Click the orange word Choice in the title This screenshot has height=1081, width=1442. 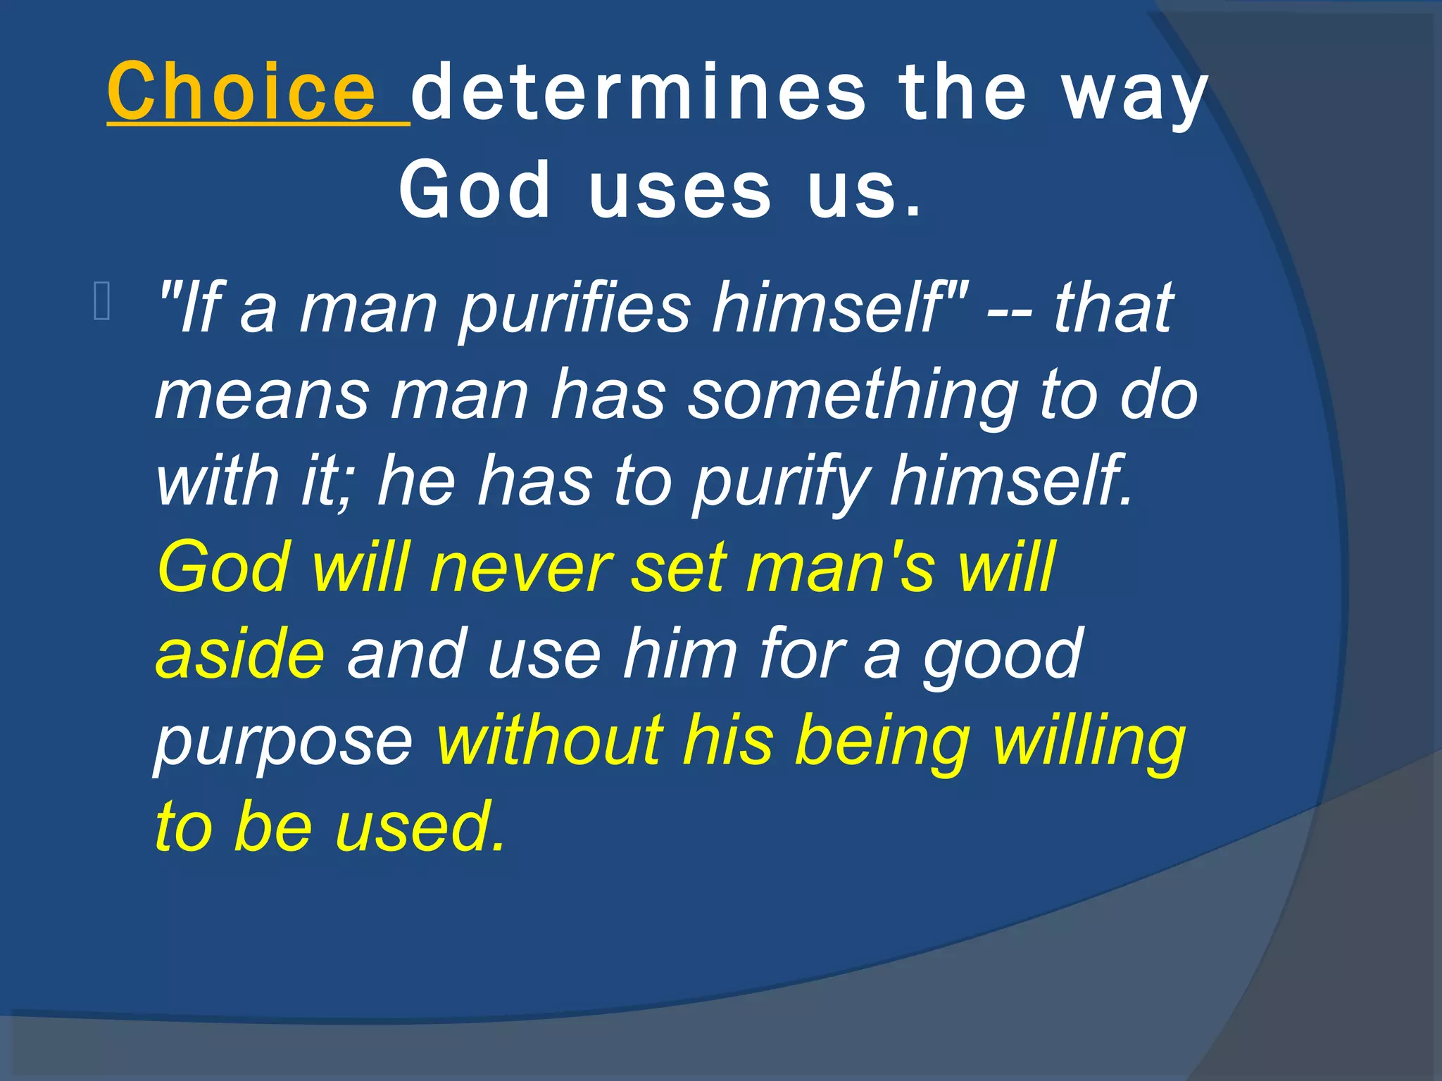coord(242,91)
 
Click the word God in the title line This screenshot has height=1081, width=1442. coord(474,190)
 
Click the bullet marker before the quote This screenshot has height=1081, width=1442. coord(101,301)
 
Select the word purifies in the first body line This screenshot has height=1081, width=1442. coord(575,308)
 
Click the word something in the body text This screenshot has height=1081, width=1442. coord(852,396)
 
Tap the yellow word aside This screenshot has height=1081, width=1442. coord(240,653)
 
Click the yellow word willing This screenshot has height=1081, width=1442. coord(1089,740)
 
